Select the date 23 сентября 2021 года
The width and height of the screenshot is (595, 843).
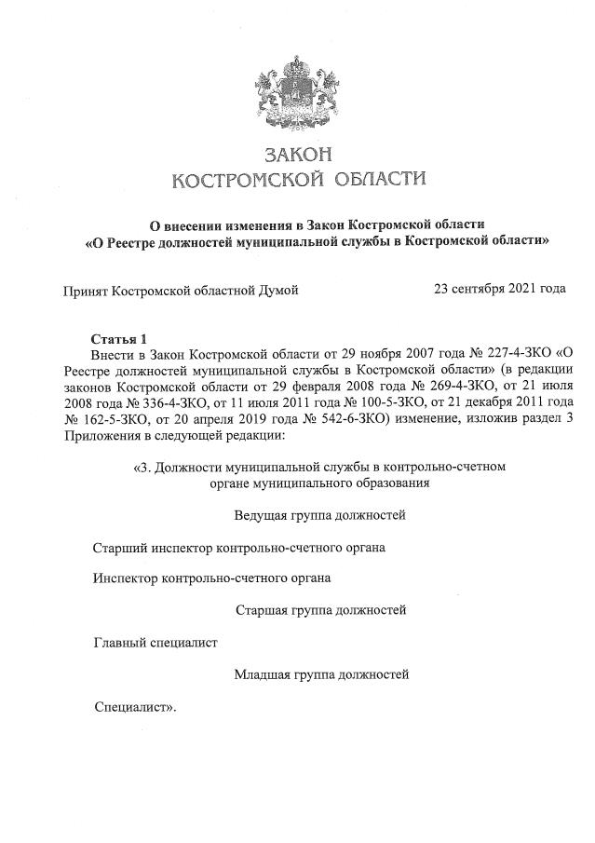point(500,289)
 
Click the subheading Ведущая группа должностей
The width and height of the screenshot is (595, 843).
point(319,514)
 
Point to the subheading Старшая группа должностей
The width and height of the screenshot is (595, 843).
point(321,610)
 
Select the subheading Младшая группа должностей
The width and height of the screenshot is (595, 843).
point(321,673)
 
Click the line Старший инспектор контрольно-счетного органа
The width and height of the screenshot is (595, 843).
point(239,547)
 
